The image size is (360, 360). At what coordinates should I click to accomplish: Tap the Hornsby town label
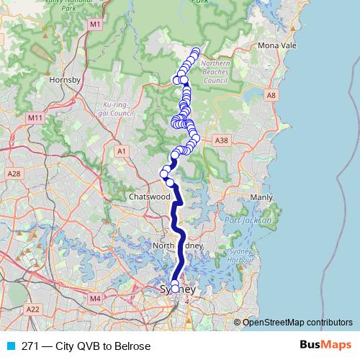point(64,80)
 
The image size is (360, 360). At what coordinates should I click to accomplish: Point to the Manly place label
point(261,197)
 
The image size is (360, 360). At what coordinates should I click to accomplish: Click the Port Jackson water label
point(248,220)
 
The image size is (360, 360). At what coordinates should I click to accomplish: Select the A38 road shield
point(222,140)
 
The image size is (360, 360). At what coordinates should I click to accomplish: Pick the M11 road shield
point(33,117)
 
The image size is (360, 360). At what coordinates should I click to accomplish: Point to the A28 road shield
point(13,174)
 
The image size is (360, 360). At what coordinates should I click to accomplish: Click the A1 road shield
point(121,150)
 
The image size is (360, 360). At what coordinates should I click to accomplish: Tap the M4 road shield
point(95,298)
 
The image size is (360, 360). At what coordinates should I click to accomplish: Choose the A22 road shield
point(32,309)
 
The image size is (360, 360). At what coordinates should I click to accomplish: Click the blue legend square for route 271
point(10,346)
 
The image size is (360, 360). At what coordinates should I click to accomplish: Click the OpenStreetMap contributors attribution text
point(297,323)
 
